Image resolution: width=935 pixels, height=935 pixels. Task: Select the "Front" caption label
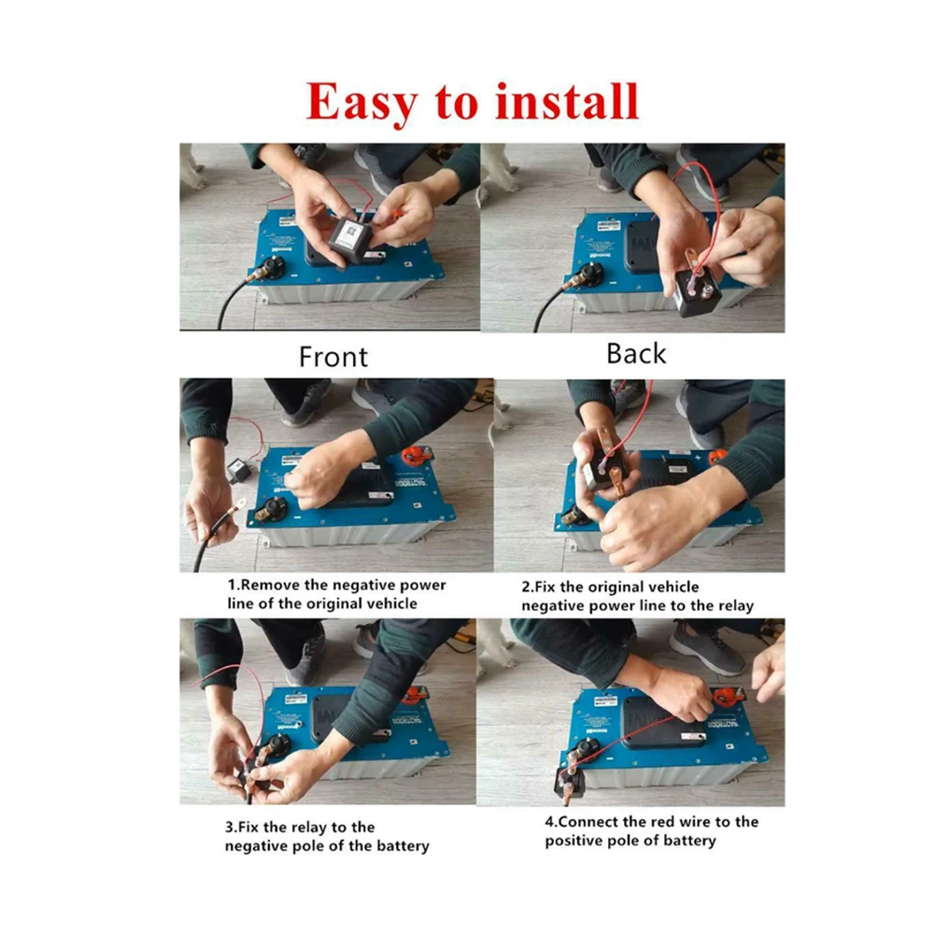click(333, 357)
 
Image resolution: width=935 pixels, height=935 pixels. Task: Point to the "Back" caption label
click(636, 354)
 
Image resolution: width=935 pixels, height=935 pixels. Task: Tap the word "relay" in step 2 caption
click(736, 606)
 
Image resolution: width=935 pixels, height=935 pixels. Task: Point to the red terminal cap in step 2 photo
click(718, 456)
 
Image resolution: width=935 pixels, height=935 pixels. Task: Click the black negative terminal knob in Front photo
click(275, 266)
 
